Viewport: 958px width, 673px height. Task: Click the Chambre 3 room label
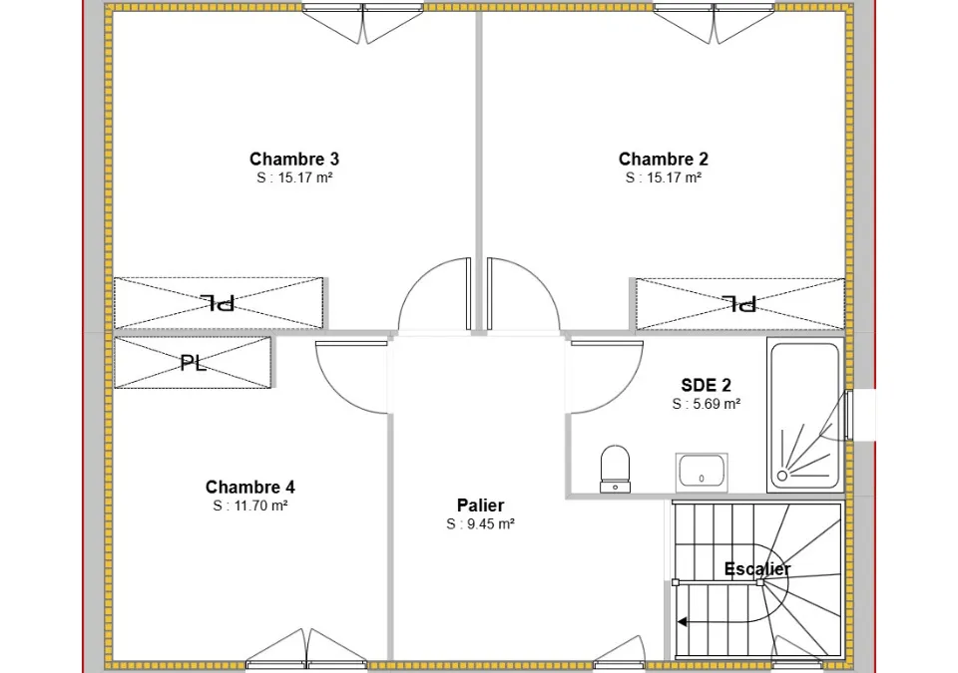[293, 159]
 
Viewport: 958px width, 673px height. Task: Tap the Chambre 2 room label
[663, 159]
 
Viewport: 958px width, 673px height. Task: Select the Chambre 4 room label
[249, 487]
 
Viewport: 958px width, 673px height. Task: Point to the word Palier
[480, 505]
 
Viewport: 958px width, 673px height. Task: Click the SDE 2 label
[706, 386]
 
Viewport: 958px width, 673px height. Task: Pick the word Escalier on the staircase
[757, 568]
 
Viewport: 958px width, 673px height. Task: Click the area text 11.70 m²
[260, 505]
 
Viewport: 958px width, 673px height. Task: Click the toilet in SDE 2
[615, 469]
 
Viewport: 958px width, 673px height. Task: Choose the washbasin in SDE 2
[702, 472]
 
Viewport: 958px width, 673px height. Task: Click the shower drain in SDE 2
[782, 476]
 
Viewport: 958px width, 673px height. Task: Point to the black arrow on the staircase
[683, 622]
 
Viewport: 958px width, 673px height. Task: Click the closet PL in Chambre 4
[193, 363]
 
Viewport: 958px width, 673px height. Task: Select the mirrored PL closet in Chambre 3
[219, 303]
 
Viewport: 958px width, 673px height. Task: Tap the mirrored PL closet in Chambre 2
[739, 303]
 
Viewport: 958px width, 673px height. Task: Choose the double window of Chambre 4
[306, 648]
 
